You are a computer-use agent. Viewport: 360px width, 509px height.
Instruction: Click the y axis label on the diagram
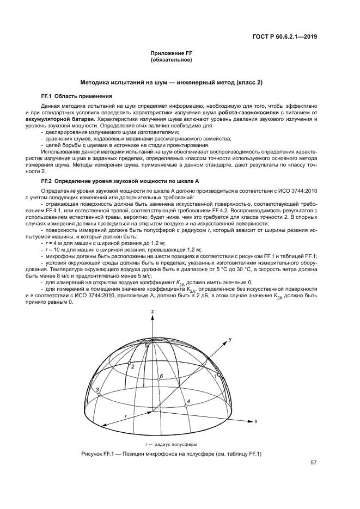click(230, 339)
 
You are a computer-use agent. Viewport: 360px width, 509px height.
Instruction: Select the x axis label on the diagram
click(255, 421)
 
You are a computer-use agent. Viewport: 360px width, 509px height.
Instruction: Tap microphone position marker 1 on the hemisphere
click(219, 376)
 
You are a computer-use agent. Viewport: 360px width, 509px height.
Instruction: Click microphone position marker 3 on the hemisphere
click(99, 394)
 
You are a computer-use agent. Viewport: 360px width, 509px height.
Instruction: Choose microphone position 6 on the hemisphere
click(156, 381)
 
